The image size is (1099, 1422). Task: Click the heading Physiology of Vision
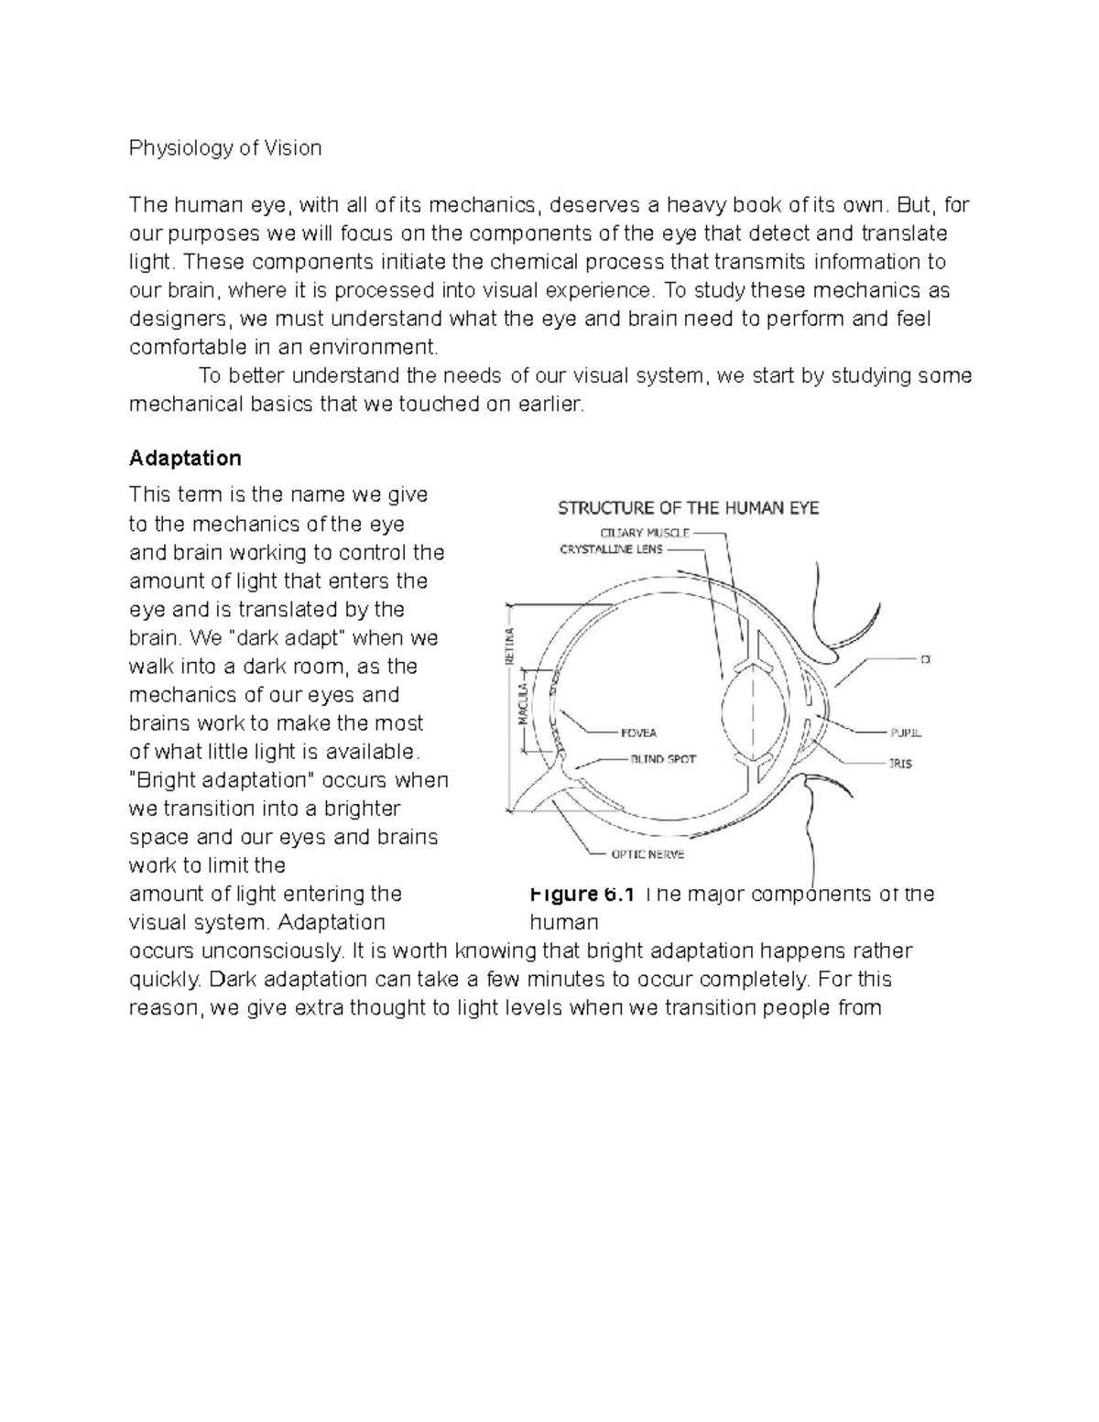[225, 148]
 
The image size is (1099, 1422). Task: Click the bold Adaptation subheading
[185, 458]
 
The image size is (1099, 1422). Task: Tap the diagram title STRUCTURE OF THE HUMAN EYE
[688, 508]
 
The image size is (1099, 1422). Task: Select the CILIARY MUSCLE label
[645, 533]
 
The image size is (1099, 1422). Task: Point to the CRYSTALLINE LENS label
[611, 550]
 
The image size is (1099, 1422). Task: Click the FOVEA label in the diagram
[638, 733]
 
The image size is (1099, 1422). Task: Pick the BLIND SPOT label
[662, 759]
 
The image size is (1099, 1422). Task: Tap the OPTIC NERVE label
[647, 854]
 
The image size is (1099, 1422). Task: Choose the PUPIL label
[905, 733]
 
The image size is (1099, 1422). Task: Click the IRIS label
[899, 763]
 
